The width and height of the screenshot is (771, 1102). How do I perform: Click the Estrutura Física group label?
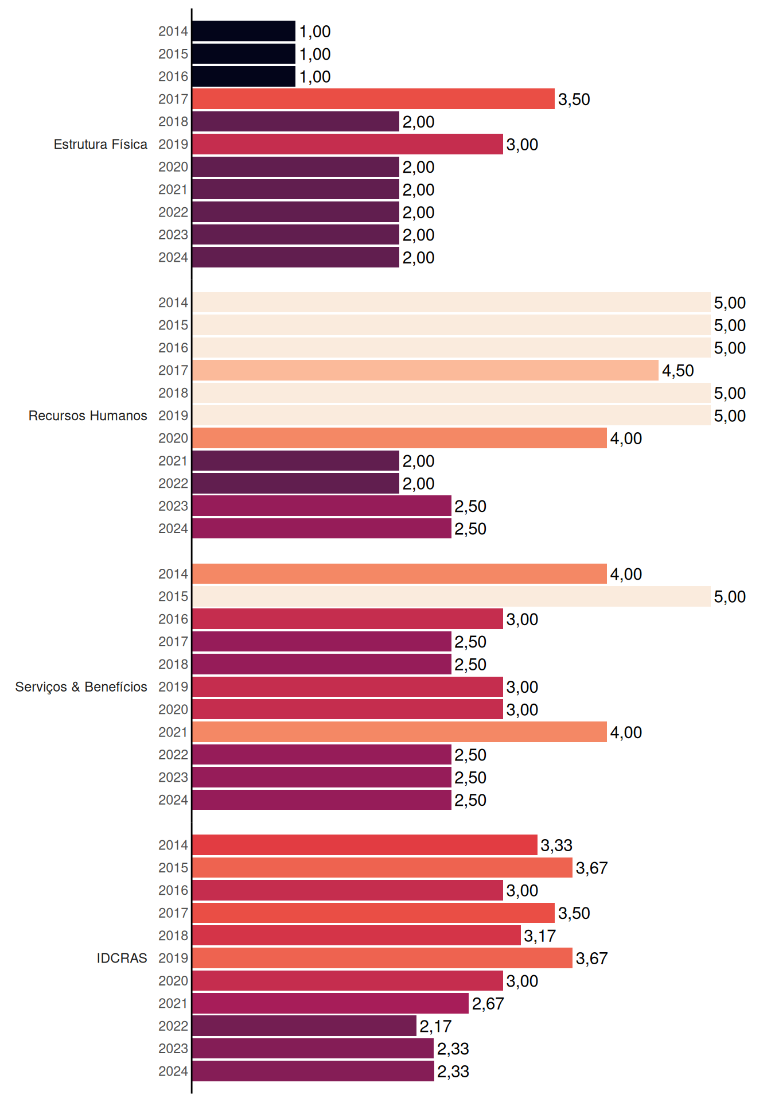[100, 144]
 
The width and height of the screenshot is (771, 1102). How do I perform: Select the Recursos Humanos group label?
[88, 416]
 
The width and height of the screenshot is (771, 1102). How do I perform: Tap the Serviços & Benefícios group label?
[81, 687]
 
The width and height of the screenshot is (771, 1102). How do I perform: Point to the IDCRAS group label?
[122, 958]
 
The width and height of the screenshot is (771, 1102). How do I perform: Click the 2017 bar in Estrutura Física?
[373, 99]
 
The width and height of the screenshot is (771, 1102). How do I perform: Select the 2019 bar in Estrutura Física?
[348, 144]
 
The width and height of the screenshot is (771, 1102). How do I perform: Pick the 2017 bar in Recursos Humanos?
[426, 370]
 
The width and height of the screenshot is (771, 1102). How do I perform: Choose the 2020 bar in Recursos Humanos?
[400, 438]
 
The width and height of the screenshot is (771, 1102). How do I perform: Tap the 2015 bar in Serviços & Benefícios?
[451, 596]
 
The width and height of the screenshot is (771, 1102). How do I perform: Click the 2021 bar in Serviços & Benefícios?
[400, 732]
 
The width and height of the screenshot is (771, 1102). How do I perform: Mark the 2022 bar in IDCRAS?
[305, 1026]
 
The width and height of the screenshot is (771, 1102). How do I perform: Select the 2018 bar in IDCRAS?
[357, 936]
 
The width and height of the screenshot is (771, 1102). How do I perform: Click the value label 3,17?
[540, 936]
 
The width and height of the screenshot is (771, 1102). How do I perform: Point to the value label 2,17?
[435, 1026]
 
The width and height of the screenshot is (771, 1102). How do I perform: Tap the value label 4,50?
[678, 371]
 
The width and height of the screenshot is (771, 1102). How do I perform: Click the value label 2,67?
[488, 1004]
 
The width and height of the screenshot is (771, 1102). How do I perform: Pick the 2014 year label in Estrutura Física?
[173, 31]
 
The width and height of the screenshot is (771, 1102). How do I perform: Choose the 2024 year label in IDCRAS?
[173, 1071]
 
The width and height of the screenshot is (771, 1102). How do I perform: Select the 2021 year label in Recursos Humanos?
[173, 461]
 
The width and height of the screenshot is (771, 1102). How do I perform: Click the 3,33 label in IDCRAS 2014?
[556, 845]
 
